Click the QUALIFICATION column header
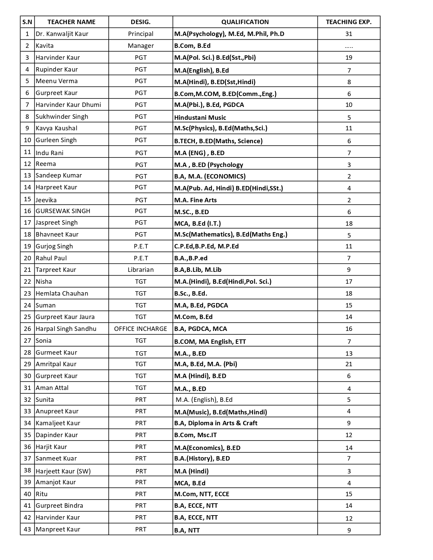[245, 22]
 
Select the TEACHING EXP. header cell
[348, 22]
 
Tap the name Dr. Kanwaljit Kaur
[62, 34]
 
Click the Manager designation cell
[141, 46]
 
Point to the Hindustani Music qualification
[200, 118]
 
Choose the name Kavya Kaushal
[56, 128]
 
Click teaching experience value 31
[348, 34]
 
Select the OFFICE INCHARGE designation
[141, 329]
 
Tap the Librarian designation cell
[141, 270]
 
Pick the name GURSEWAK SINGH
[63, 211]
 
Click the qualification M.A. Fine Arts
[195, 200]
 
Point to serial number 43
[28, 529]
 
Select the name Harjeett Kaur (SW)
[63, 471]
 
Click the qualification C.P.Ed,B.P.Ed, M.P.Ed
[206, 246]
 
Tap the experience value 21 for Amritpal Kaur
[348, 364]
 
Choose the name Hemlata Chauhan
[62, 294]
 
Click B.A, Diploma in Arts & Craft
[216, 423]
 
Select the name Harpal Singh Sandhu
[66, 329]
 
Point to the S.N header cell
[28, 22]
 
